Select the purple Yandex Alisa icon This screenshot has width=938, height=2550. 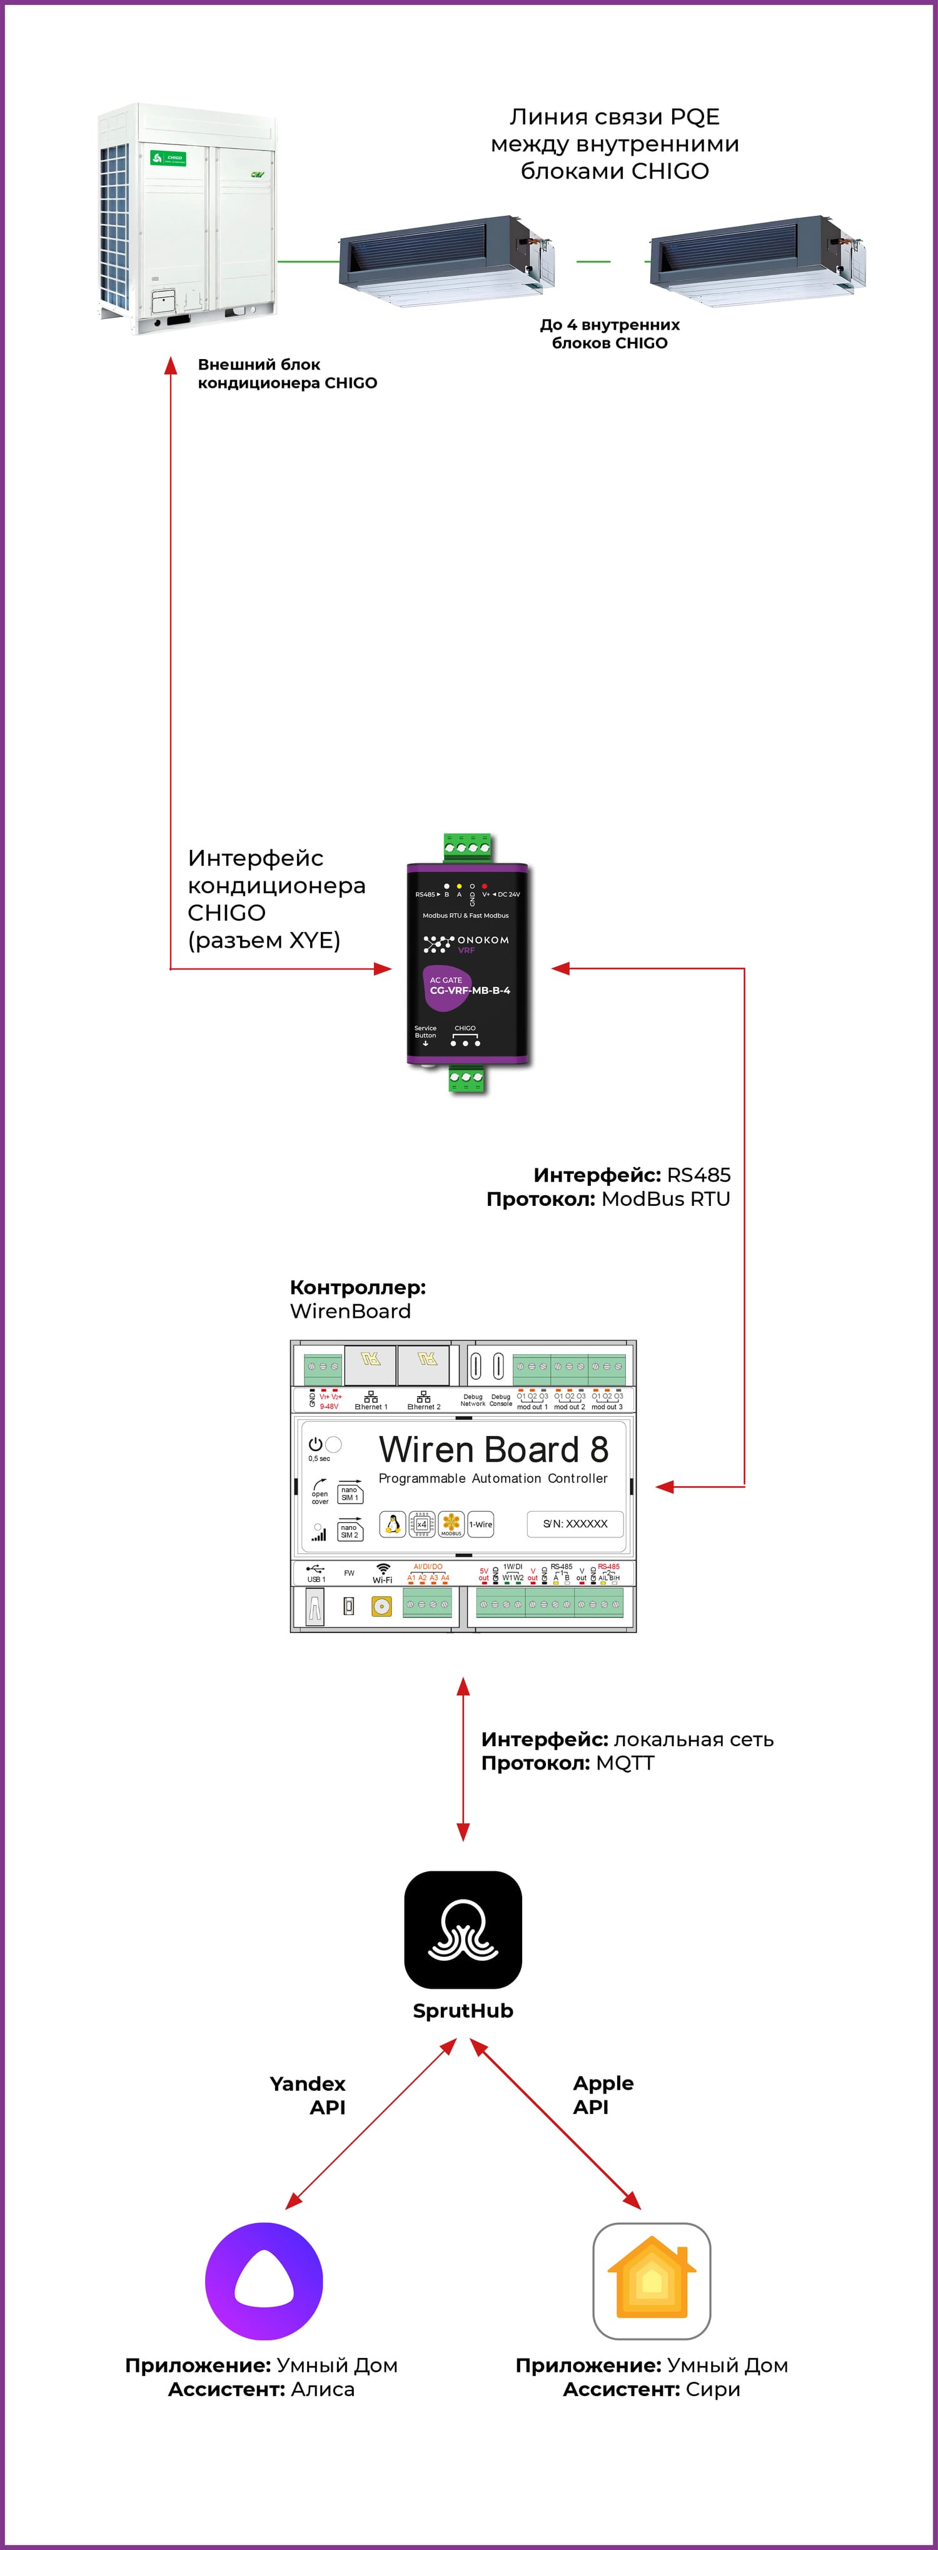(263, 2282)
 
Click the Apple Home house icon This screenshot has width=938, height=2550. (651, 2282)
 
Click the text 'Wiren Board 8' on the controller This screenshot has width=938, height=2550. (493, 1449)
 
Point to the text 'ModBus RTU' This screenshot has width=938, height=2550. (665, 1199)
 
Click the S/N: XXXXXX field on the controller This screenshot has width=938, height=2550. (575, 1524)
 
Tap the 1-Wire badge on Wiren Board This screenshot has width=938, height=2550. (481, 1524)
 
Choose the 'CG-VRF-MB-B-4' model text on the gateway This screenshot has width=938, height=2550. (470, 990)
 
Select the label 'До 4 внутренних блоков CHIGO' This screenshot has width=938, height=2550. (610, 333)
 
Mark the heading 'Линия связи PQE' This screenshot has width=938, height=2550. (615, 117)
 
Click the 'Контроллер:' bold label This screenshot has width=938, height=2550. (357, 1287)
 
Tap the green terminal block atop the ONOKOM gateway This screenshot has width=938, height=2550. (467, 848)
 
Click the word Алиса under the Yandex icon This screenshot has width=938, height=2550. (323, 2389)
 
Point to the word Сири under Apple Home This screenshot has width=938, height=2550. (712, 2389)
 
